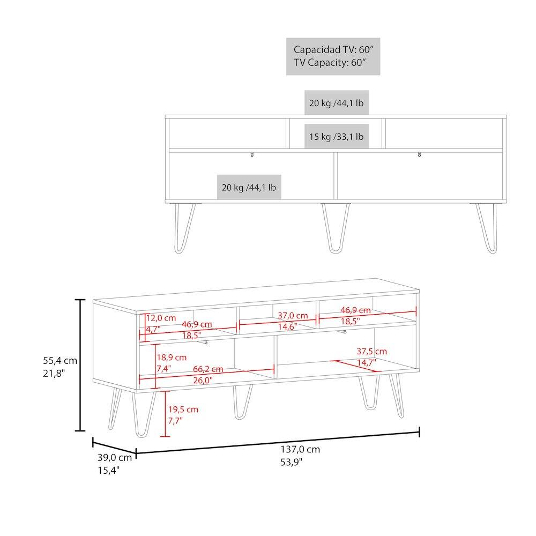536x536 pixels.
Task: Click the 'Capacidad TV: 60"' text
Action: [333, 49]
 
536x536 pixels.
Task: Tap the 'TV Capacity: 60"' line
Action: [329, 62]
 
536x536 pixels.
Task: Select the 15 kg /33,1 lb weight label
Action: [336, 137]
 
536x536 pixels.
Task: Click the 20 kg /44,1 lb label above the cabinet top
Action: [336, 103]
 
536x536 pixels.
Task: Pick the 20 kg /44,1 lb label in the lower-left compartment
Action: [249, 187]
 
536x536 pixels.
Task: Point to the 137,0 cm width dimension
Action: [300, 449]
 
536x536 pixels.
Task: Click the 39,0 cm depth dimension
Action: [114, 458]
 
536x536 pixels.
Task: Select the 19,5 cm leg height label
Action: [183, 410]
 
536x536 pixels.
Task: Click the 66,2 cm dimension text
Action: [209, 369]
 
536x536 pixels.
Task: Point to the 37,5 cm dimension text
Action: [371, 352]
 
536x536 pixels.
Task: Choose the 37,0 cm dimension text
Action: [293, 316]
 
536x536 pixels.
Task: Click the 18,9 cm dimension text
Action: [172, 357]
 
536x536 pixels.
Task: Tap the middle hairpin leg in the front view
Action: [336, 228]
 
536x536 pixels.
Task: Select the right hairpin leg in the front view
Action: [487, 228]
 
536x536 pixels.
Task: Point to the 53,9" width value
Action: [292, 461]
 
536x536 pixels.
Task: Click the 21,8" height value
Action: [54, 373]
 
